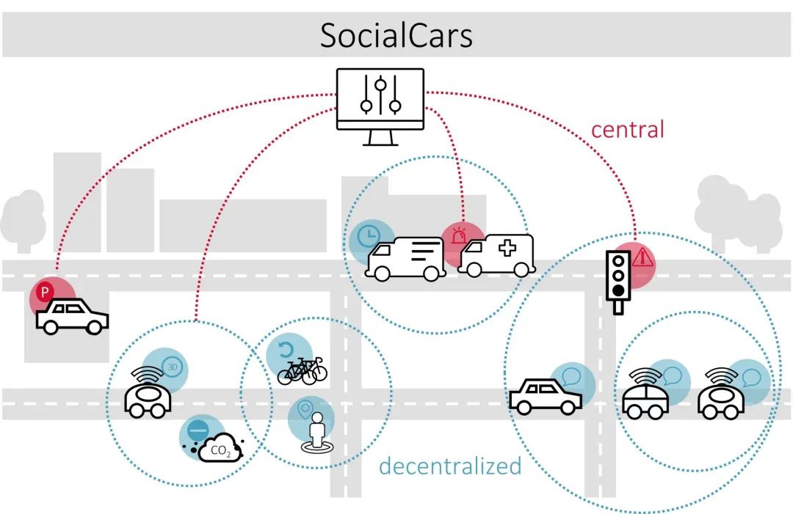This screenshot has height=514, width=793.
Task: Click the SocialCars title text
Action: coord(396,35)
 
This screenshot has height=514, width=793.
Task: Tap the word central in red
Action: coord(627,130)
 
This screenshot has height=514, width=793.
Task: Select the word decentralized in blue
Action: coord(450,466)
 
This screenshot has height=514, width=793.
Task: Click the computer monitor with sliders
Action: coord(380,106)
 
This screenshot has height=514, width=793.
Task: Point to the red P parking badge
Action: coord(45,292)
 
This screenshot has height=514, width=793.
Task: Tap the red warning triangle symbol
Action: coord(642,257)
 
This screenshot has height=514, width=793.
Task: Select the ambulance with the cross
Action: coord(496,255)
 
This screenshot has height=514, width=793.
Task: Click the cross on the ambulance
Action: coord(507,248)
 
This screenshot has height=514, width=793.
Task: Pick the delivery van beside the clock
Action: coord(405,259)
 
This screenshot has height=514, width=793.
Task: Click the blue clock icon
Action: coord(369,236)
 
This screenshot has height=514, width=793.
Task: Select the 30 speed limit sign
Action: coord(173,367)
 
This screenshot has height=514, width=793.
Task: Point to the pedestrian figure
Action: coord(317,433)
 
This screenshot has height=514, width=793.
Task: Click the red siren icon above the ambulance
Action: coord(458,236)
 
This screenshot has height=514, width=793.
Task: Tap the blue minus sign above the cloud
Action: coord(198,430)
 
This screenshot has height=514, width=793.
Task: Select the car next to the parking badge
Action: coord(72,317)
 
